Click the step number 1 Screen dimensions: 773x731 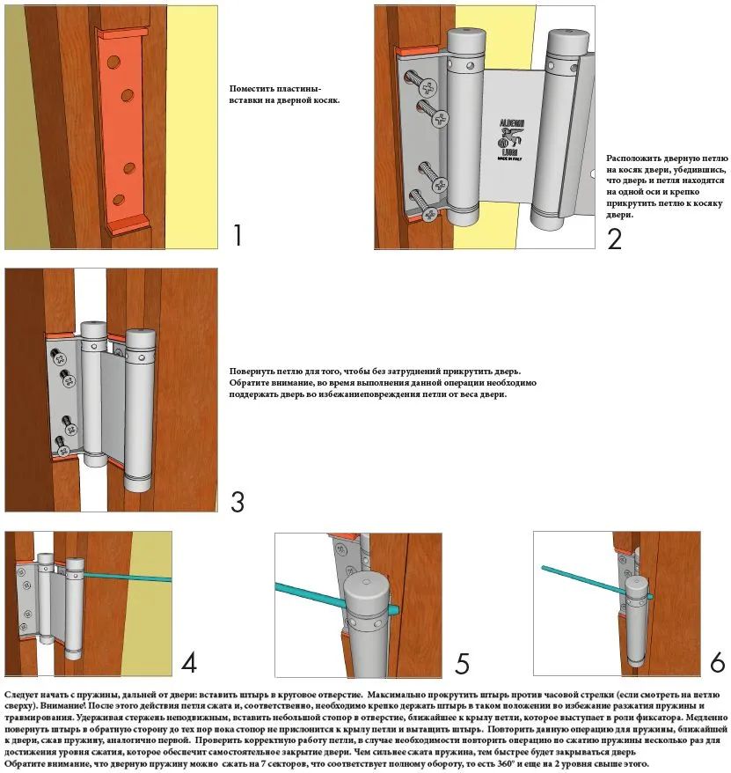tap(237, 235)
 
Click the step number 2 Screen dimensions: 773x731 tap(615, 238)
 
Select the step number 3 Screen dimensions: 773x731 tap(237, 501)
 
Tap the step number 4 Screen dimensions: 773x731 tap(188, 662)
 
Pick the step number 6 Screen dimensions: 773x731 tap(717, 662)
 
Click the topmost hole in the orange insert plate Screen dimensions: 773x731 tap(113, 63)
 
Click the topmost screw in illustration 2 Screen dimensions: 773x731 tap(426, 86)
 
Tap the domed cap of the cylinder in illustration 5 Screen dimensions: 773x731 tap(369, 588)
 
